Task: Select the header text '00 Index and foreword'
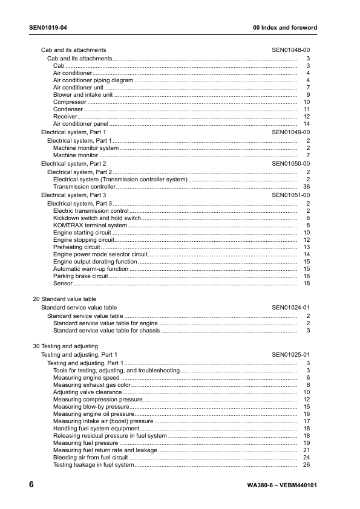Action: point(284,28)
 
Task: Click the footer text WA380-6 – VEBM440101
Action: point(282,486)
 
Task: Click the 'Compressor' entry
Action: point(70,102)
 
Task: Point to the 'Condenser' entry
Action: point(68,109)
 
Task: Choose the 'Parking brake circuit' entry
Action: point(80,276)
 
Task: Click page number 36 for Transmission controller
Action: point(306,187)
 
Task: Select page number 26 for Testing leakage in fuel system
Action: point(306,465)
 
